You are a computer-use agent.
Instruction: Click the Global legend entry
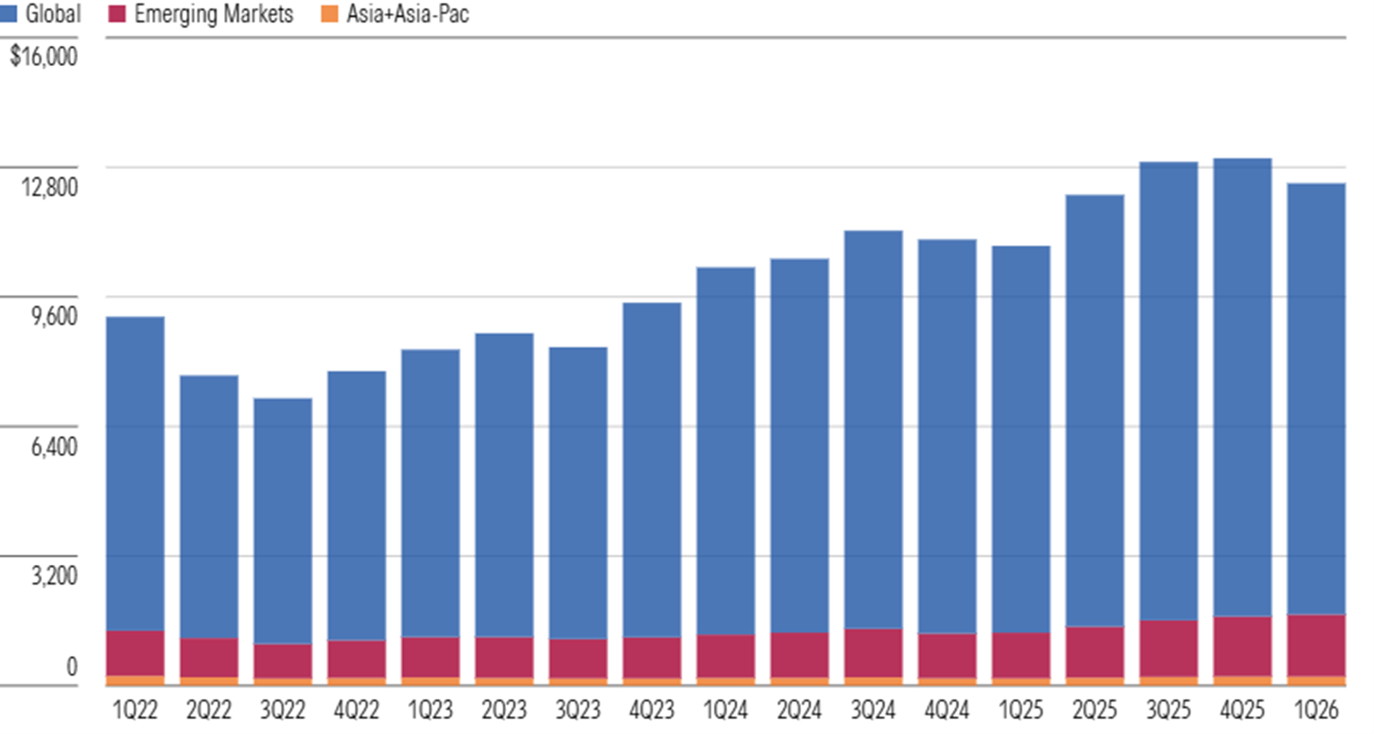click(40, 13)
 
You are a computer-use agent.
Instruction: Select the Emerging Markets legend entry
click(200, 13)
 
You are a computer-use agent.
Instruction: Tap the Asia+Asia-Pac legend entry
click(395, 13)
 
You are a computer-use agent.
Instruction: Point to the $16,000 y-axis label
click(44, 56)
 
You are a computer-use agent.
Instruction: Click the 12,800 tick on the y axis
click(49, 187)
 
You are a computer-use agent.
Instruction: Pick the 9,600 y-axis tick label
click(54, 316)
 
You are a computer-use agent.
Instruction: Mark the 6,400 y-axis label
click(54, 446)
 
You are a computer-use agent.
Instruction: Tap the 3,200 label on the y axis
click(54, 576)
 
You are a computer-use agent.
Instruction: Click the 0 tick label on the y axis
click(71, 666)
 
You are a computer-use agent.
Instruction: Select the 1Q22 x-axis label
click(135, 710)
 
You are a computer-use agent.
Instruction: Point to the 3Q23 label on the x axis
click(578, 710)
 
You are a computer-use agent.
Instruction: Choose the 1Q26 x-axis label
click(1316, 710)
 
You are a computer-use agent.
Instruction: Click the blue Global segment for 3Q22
click(283, 521)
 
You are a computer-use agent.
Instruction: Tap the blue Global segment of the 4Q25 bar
click(1242, 387)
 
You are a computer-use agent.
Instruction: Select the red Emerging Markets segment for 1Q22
click(135, 654)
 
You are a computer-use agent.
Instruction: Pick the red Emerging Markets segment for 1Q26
click(1316, 645)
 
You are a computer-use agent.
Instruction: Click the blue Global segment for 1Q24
click(726, 452)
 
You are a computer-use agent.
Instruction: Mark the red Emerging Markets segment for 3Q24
click(873, 654)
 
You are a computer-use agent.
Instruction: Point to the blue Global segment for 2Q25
click(1095, 411)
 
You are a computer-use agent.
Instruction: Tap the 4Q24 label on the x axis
click(947, 710)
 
